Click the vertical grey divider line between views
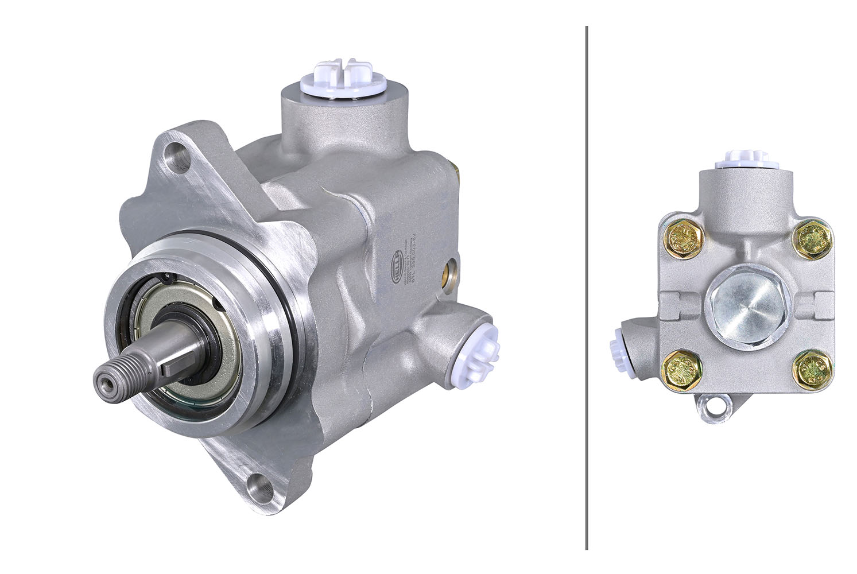coord(586,287)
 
